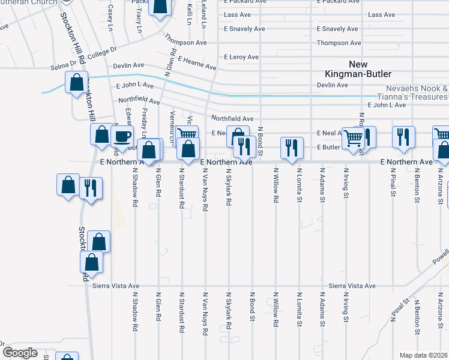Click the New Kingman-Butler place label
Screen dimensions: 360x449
pyautogui.click(x=357, y=69)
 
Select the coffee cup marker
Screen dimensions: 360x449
pyautogui.click(x=123, y=137)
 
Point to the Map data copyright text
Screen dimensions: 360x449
pyautogui.click(x=424, y=355)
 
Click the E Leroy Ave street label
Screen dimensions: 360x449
pyautogui.click(x=241, y=58)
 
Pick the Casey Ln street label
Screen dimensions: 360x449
pyautogui.click(x=110, y=17)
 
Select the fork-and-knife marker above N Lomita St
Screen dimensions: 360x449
pyautogui.click(x=292, y=147)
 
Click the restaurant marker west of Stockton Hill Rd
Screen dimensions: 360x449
pyautogui.click(x=91, y=188)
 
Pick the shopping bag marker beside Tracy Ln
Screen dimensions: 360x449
pyautogui.click(x=160, y=7)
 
